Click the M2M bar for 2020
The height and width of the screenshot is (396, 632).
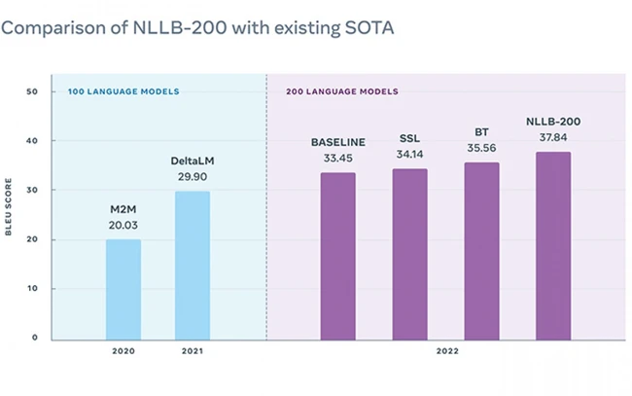[x=123, y=289]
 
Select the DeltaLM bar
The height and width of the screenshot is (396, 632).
[x=192, y=265]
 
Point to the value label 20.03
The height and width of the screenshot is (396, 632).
[x=123, y=224]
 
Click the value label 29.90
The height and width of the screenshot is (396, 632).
[x=192, y=176]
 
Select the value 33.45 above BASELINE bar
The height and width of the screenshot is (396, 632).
[x=337, y=158]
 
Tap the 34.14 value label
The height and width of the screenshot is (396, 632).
[x=409, y=154]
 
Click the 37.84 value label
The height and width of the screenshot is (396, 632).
[x=552, y=136]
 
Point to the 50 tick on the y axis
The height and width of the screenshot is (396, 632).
[x=31, y=91]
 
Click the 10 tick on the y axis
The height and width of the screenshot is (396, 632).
[x=31, y=289]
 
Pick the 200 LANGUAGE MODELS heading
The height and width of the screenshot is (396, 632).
[x=341, y=91]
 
